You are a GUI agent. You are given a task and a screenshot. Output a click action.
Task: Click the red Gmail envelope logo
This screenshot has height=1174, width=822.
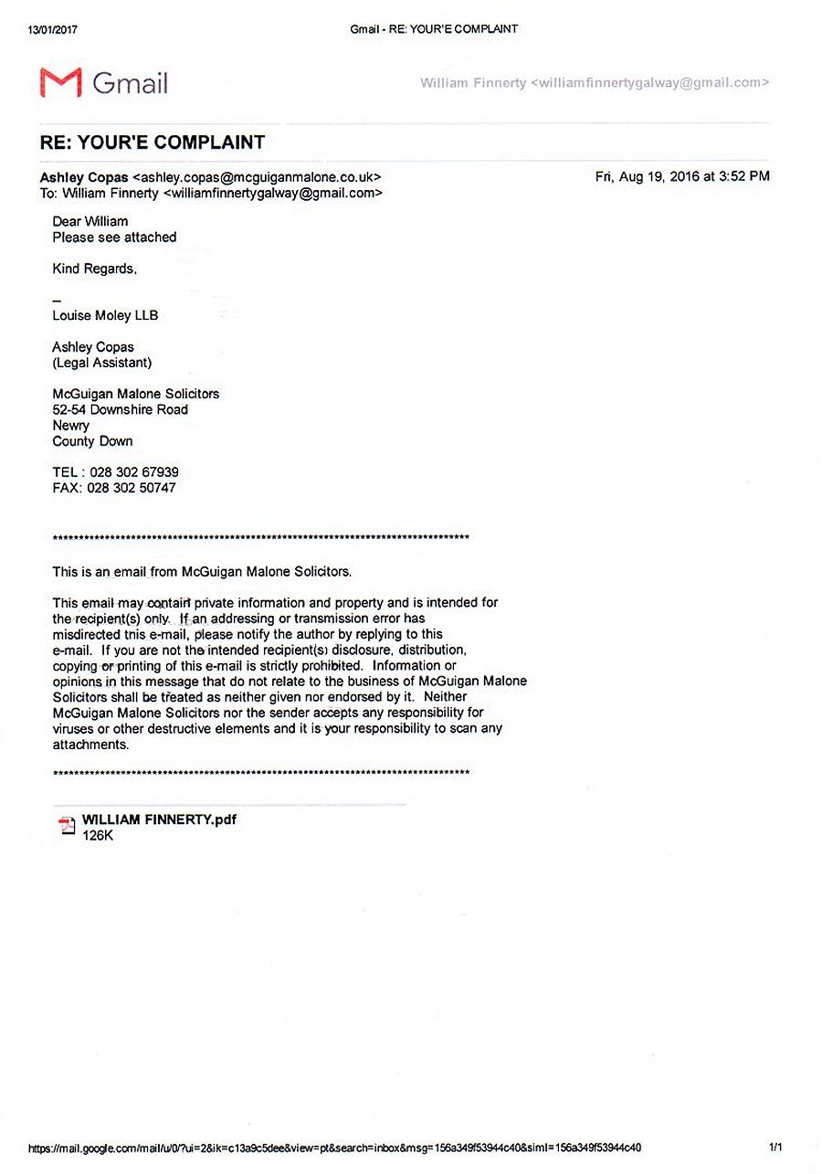click(60, 82)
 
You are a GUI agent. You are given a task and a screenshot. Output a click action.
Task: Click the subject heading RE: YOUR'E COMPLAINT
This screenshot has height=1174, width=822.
click(153, 143)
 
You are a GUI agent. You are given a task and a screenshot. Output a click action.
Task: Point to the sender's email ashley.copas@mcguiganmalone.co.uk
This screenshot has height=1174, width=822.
click(257, 177)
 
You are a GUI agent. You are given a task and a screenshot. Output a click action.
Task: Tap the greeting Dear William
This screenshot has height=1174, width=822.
click(90, 221)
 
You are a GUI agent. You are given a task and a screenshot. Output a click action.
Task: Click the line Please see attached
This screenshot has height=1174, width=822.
click(114, 237)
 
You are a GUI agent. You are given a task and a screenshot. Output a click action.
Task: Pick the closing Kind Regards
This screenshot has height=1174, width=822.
click(95, 269)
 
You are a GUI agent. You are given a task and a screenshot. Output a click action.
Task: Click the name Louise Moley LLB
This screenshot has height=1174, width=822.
click(105, 315)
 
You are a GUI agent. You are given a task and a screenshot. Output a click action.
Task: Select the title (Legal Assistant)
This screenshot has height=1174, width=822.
click(102, 363)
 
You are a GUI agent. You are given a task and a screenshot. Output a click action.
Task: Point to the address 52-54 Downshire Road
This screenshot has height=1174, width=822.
click(121, 409)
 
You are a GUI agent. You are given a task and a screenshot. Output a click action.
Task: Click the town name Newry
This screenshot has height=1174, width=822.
click(71, 425)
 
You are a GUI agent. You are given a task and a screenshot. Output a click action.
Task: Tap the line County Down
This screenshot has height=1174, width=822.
click(92, 441)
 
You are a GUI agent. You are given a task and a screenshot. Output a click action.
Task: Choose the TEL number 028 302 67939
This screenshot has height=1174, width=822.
click(134, 472)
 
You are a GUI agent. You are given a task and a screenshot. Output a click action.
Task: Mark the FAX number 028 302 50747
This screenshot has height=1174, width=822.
click(132, 488)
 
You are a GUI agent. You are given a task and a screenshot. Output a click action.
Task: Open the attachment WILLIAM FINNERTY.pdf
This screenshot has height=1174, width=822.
click(159, 820)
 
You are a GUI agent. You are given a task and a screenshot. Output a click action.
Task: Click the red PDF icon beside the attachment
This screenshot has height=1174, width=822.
click(67, 826)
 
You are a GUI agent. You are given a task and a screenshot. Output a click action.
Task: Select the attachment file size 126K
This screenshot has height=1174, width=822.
click(98, 835)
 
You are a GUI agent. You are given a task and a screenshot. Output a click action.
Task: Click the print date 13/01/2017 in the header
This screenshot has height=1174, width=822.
click(53, 29)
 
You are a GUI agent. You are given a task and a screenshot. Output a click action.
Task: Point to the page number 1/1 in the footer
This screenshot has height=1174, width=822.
click(775, 1147)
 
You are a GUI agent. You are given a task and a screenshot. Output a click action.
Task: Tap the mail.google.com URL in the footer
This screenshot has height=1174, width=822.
click(334, 1148)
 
